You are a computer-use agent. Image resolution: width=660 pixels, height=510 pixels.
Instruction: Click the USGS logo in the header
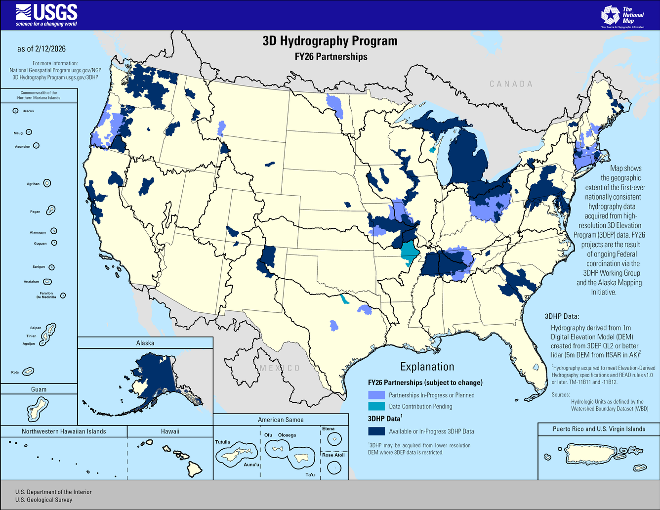[x=46, y=15]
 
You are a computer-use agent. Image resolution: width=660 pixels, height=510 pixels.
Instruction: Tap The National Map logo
[x=622, y=16]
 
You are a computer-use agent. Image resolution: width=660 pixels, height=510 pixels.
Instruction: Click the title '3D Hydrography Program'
[x=330, y=41]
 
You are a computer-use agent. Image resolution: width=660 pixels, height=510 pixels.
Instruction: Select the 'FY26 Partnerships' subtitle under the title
[x=331, y=57]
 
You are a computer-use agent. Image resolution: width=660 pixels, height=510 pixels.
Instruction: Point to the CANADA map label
[x=511, y=84]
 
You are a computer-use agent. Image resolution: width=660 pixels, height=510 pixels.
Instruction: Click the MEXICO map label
[x=280, y=368]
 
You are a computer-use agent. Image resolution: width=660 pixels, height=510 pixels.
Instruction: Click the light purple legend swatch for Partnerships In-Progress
[x=376, y=395]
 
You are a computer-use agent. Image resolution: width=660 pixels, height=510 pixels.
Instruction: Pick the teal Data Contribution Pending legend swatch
[x=376, y=406]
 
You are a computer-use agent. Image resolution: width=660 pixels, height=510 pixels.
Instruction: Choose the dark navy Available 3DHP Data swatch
[x=376, y=431]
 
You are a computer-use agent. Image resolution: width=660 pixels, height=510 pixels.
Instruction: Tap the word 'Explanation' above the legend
[x=427, y=367]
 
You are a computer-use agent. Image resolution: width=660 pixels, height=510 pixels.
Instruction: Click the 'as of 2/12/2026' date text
[x=41, y=49]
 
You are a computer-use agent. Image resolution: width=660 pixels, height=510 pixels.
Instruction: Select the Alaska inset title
[x=145, y=343]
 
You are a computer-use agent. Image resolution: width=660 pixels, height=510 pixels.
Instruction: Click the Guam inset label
[x=39, y=389]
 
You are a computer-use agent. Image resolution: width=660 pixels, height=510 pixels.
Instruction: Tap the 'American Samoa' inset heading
[x=281, y=420]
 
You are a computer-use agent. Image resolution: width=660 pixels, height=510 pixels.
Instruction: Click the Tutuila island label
[x=223, y=442]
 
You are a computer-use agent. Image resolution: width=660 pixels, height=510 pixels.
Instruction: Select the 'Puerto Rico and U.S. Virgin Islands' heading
[x=599, y=429]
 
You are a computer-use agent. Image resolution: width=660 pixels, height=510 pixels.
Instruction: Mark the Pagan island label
[x=35, y=212]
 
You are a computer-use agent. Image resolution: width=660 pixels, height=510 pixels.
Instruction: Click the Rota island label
[x=15, y=372]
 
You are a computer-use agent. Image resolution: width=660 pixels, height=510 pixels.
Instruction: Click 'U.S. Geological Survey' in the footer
[x=43, y=500]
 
